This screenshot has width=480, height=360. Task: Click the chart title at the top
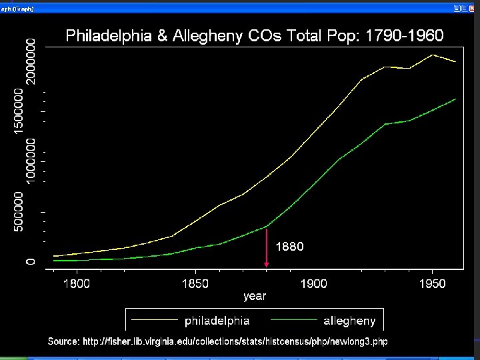click(x=254, y=36)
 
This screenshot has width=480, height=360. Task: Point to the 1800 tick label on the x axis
click(x=76, y=284)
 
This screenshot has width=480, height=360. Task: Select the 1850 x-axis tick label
click(x=195, y=284)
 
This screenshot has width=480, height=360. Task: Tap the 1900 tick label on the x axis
click(x=313, y=284)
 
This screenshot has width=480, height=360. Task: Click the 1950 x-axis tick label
click(x=433, y=284)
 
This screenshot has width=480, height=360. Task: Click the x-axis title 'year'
click(x=255, y=296)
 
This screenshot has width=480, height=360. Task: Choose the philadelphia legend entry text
click(x=217, y=321)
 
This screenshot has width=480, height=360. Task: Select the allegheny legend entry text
click(x=349, y=321)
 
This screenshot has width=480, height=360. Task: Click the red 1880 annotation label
click(x=289, y=247)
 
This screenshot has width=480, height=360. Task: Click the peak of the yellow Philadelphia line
click(x=433, y=55)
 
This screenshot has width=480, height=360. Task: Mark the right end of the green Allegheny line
click(x=455, y=99)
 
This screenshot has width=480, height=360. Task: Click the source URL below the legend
click(x=235, y=341)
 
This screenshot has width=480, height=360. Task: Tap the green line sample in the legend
click(x=291, y=321)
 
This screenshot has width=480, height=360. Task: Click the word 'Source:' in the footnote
click(x=63, y=341)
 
